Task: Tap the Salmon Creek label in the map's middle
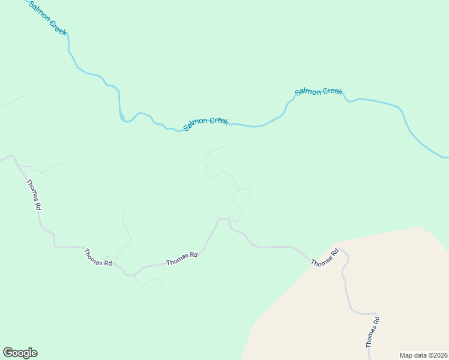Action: (206, 124)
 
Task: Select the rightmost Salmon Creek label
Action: (318, 91)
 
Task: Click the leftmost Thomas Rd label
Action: (34, 194)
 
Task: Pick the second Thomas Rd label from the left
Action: (98, 258)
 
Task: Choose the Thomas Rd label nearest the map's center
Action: (182, 259)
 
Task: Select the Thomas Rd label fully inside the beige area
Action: (373, 332)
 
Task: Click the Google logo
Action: (20, 353)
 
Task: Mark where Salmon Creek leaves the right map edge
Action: (447, 157)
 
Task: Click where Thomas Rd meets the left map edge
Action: (1, 160)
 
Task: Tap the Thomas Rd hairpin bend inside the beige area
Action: (345, 253)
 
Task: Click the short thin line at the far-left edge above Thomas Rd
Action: (12, 101)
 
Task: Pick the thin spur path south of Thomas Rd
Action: (150, 281)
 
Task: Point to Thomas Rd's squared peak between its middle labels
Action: (223, 219)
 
